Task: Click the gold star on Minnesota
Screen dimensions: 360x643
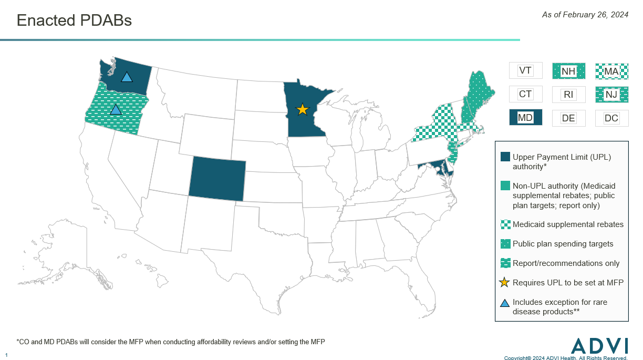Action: (x=302, y=109)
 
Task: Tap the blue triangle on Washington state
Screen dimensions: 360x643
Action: (x=127, y=77)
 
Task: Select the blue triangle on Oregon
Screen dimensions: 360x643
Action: (x=116, y=110)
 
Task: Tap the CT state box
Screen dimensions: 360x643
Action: (x=525, y=95)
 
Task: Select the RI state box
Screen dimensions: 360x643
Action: (x=568, y=95)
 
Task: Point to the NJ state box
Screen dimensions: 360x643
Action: (x=611, y=95)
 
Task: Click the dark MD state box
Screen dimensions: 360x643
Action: (x=525, y=118)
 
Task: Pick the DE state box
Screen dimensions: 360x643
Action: (x=568, y=118)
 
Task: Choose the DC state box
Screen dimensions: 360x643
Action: (x=611, y=118)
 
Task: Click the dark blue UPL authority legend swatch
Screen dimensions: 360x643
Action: (x=505, y=157)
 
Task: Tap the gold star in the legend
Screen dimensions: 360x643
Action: (x=504, y=283)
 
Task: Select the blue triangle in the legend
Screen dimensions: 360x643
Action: (x=505, y=303)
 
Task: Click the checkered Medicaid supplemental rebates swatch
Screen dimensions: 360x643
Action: (x=505, y=224)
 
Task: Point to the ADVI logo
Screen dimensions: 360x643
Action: (x=599, y=345)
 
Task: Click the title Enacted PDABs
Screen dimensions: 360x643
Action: (x=74, y=20)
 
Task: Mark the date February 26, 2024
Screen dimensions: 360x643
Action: (x=585, y=15)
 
